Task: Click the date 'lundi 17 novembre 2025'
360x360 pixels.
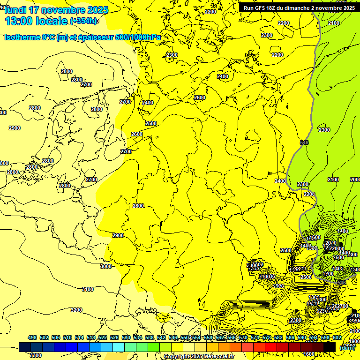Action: click(56, 10)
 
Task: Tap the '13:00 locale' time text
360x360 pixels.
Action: click(36, 21)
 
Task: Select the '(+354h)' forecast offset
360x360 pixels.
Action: click(84, 21)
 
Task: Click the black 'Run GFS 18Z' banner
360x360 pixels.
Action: click(298, 7)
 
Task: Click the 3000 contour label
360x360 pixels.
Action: click(106, 266)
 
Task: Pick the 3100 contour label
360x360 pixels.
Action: click(88, 289)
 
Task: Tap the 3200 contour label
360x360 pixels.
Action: click(76, 310)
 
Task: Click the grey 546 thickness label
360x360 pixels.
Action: click(304, 142)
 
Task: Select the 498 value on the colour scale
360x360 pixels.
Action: click(32, 337)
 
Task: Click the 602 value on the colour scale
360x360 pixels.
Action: click(337, 337)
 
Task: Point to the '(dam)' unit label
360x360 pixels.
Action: click(347, 347)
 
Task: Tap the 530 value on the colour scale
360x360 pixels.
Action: click(126, 337)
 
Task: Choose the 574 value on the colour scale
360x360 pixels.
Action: click(255, 337)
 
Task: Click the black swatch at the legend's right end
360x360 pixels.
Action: click(330, 347)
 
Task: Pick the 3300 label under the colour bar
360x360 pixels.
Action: click(36, 355)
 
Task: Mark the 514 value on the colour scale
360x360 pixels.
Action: click(79, 337)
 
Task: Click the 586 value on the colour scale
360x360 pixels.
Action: click(290, 337)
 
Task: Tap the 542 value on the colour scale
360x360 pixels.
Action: click(161, 337)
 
